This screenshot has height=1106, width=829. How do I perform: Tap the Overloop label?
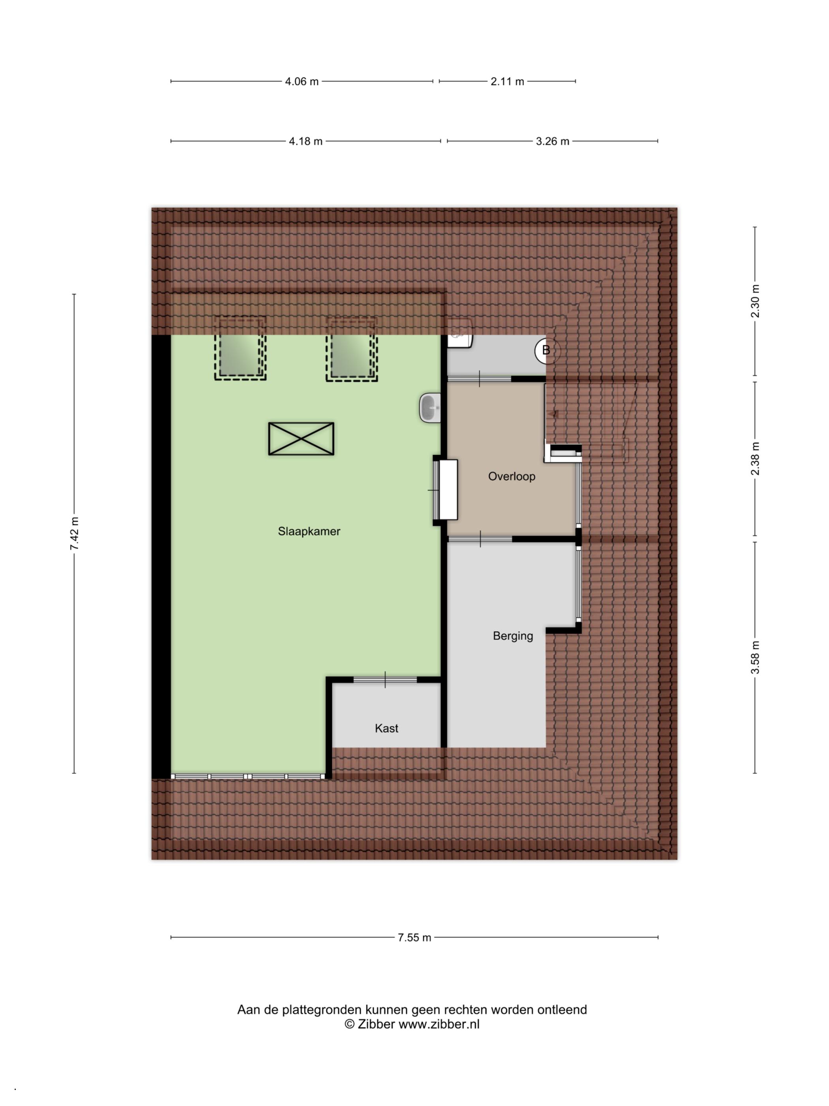[512, 476]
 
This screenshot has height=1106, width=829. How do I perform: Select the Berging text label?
[513, 636]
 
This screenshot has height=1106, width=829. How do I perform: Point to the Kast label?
[386, 728]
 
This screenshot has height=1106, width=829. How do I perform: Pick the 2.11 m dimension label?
[507, 81]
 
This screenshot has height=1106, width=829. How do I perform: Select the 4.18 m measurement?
[305, 141]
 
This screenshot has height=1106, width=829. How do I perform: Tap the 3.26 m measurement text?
[553, 141]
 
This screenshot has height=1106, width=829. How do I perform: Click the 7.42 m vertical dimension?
[75, 534]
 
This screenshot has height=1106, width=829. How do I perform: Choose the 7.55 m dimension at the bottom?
[414, 937]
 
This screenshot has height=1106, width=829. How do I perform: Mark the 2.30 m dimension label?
[755, 301]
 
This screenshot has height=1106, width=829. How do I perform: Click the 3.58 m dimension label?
[755, 657]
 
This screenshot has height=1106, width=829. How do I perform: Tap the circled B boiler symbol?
[546, 350]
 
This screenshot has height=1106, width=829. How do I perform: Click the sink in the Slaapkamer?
[430, 408]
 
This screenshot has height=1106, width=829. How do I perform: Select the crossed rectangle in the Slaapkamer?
[301, 439]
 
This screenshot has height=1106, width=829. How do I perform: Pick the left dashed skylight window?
[240, 348]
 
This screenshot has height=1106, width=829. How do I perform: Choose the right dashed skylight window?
[352, 348]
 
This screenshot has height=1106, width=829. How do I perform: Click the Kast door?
[385, 679]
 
